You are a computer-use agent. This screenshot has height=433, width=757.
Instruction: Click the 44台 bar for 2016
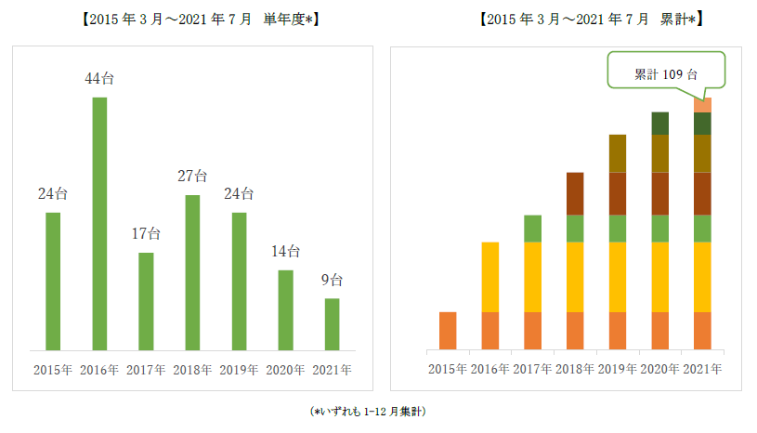pyautogui.click(x=99, y=223)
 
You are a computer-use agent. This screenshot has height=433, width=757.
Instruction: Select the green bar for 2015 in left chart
pyautogui.click(x=53, y=282)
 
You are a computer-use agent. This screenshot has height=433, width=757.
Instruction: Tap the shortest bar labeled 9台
pyautogui.click(x=332, y=324)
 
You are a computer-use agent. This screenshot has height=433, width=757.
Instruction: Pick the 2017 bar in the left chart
pyautogui.click(x=146, y=301)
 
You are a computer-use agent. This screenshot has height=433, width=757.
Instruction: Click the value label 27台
pyautogui.click(x=192, y=176)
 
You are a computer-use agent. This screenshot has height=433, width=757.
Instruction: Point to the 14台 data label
pyautogui.click(x=285, y=251)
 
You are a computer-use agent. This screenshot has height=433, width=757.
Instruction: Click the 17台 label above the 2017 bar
pyautogui.click(x=146, y=233)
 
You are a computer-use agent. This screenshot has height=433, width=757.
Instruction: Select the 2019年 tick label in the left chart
pyautogui.click(x=239, y=369)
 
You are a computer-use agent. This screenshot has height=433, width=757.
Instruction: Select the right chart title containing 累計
pyautogui.click(x=591, y=18)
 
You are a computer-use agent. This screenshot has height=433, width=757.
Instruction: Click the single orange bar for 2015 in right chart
pyautogui.click(x=448, y=331)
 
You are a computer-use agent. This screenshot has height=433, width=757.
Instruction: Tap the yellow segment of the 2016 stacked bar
pyautogui.click(x=490, y=277)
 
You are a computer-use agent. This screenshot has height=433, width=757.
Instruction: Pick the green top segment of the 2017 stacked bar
pyautogui.click(x=532, y=229)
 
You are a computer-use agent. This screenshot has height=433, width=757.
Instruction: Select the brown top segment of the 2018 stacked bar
pyautogui.click(x=575, y=193)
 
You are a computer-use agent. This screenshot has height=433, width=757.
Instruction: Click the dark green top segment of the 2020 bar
pyautogui.click(x=660, y=123)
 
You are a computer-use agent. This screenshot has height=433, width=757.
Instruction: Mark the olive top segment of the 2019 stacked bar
pyautogui.click(x=618, y=153)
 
